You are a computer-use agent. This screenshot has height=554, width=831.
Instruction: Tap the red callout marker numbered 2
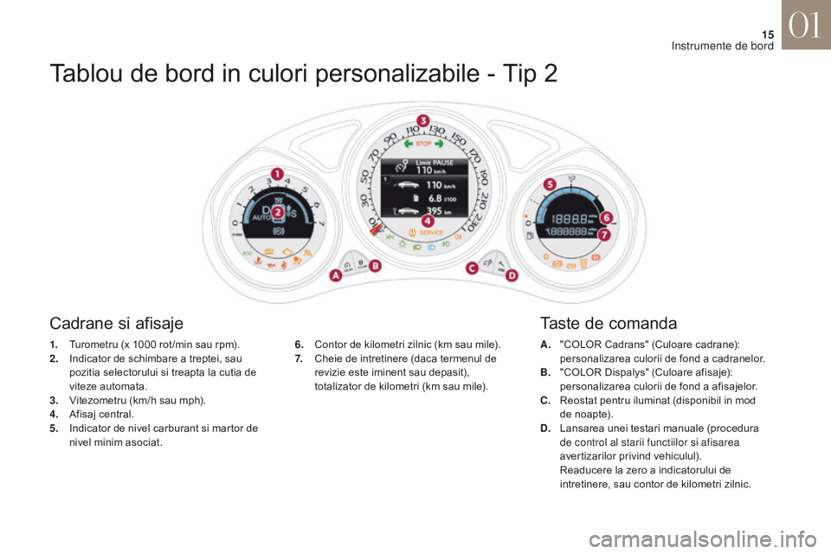(278, 211)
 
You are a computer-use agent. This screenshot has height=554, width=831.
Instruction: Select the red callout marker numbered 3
(423, 119)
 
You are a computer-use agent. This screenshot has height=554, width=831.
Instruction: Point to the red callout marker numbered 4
(427, 222)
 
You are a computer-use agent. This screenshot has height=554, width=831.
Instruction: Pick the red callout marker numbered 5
(548, 184)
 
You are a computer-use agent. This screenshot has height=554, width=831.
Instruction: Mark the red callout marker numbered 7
(605, 235)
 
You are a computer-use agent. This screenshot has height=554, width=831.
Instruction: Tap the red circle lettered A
(335, 276)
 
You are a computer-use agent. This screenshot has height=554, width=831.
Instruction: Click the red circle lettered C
(473, 267)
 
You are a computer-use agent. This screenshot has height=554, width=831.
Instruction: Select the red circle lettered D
(512, 276)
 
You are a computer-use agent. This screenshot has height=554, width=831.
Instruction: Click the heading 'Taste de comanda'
(608, 325)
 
